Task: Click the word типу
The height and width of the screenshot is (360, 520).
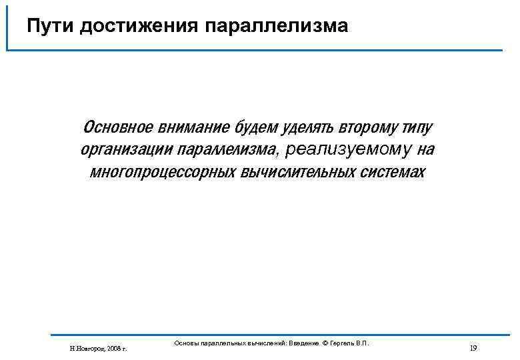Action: [417, 127]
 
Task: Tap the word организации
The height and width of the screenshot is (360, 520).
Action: [127, 149]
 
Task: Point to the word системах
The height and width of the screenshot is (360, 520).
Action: [393, 171]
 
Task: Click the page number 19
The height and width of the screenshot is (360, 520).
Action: [473, 348]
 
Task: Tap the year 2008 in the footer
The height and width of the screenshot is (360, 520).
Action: [112, 348]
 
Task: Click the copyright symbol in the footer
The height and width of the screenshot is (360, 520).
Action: [326, 343]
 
